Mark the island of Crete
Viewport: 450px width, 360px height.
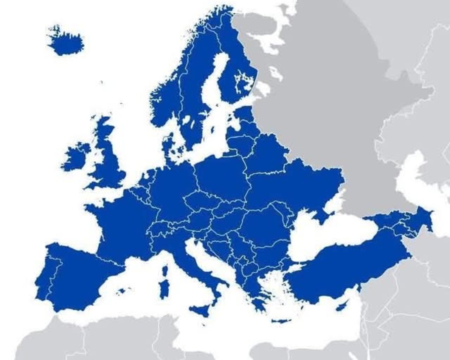(x=280, y=321)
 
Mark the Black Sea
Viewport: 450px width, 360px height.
(x=329, y=240)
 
